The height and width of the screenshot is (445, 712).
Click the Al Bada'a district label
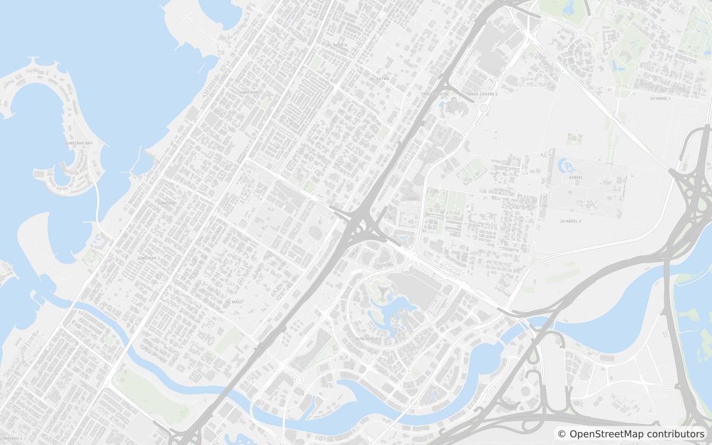click(x=337, y=44)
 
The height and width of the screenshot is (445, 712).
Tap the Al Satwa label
click(x=380, y=78)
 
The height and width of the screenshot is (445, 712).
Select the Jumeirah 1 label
click(x=250, y=93)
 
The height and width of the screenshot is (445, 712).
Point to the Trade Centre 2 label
click(x=482, y=94)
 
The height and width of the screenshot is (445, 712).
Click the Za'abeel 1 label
click(x=660, y=98)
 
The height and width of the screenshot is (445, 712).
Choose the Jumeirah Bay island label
click(x=79, y=144)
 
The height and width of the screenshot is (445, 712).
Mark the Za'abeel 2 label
click(x=570, y=221)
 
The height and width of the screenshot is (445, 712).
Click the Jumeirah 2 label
click(x=148, y=258)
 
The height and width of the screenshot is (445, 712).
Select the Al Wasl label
click(x=234, y=301)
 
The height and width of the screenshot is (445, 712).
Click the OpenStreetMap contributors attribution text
click(x=637, y=434)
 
